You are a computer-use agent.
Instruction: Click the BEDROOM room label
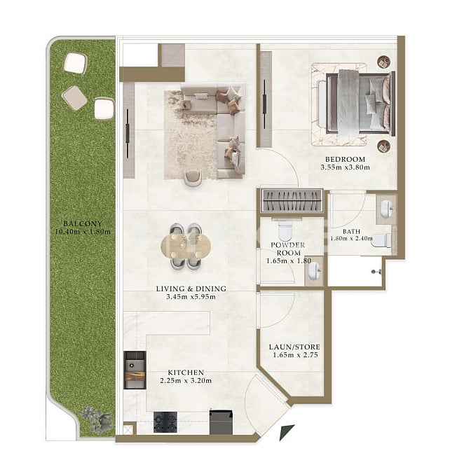pyautogui.click(x=345, y=159)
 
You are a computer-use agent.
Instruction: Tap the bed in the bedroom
pyautogui.click(x=360, y=103)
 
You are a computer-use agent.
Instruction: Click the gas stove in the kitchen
pyautogui.click(x=165, y=422)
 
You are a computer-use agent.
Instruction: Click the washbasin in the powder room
pyautogui.click(x=314, y=270)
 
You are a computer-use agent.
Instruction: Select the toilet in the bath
pyautogui.click(x=381, y=240)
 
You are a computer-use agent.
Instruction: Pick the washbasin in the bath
pyautogui.click(x=386, y=208)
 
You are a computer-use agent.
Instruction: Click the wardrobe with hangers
pyautogui.click(x=292, y=200)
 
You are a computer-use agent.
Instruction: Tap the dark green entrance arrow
pyautogui.click(x=287, y=432)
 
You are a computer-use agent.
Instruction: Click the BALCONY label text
pyautogui.click(x=83, y=223)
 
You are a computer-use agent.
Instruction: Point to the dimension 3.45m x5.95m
pyautogui.click(x=191, y=297)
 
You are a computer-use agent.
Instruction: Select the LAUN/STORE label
pyautogui.click(x=294, y=347)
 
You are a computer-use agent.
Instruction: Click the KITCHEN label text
pyautogui.click(x=186, y=373)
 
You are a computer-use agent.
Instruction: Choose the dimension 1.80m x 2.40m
pyautogui.click(x=352, y=239)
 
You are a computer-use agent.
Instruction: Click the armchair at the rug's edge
pyautogui.click(x=193, y=178)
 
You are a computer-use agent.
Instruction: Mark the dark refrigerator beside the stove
pyautogui.click(x=221, y=422)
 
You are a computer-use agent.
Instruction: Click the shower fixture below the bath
pyautogui.click(x=376, y=272)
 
